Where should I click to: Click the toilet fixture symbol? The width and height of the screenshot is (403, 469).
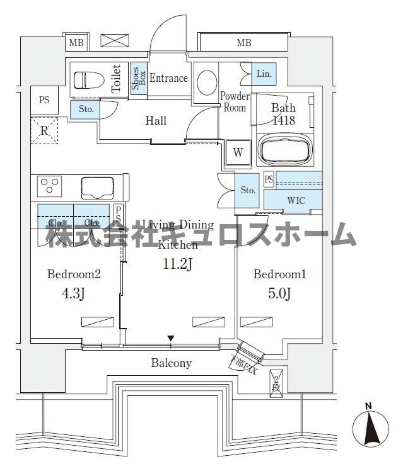pyautogui.click(x=88, y=81)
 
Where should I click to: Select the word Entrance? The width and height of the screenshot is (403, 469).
pyautogui.click(x=168, y=78)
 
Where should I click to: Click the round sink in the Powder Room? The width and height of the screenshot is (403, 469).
pyautogui.click(x=206, y=81)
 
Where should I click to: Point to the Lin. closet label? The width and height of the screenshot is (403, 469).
pyautogui.click(x=264, y=74)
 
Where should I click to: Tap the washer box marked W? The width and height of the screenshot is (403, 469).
pyautogui.click(x=238, y=152)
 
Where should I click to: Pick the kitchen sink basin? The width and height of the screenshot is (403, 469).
pyautogui.click(x=97, y=188)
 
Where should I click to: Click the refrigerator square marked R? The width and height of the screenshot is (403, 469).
pyautogui.click(x=44, y=131)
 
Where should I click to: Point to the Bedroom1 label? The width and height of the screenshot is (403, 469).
pyautogui.click(x=279, y=274)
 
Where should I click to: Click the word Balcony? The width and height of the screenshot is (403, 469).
pyautogui.click(x=171, y=363)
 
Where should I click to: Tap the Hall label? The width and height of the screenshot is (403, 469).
pyautogui.click(x=156, y=120)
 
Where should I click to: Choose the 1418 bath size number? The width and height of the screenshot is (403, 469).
pyautogui.click(x=283, y=120)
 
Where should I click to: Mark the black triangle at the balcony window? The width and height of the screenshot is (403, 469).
pyautogui.click(x=170, y=340)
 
